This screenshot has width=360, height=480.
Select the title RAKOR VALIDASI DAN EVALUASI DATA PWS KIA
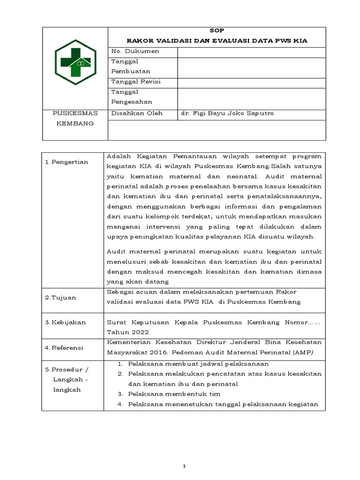[217, 41]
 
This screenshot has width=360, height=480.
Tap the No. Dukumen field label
[135, 51]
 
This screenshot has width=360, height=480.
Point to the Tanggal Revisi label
[136, 82]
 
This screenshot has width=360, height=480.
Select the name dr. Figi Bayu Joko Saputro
[227, 113]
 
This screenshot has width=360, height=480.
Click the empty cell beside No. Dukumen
[251, 52]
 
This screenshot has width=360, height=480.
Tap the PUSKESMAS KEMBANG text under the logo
[75, 118]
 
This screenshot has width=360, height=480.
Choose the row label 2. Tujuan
[60, 297]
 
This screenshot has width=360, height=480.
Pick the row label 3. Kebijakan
[65, 322]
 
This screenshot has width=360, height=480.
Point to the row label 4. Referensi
[64, 348]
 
